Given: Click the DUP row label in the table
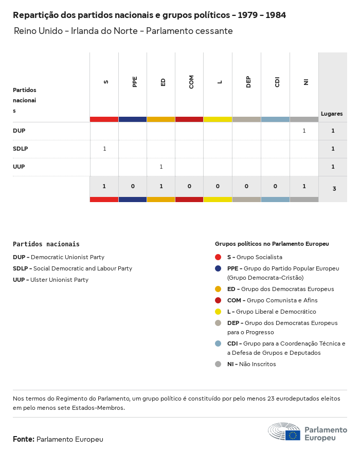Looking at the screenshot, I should tap(19, 131).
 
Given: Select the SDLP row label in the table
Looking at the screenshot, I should tap(21, 149).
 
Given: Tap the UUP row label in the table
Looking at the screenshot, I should tap(19, 167).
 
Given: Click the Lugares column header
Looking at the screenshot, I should tap(332, 114).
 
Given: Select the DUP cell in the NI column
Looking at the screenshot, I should tap(304, 131).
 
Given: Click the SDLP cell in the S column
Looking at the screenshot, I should tap(104, 149).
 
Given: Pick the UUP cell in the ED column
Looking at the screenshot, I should tap(161, 167).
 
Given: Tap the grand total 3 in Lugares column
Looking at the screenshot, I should tap(334, 189).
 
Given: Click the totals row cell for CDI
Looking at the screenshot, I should tap(275, 186).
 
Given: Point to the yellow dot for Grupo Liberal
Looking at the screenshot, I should tap(218, 312).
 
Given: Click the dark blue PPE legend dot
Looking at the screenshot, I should tap(218, 268).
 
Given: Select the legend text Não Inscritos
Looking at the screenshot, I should tap(257, 364).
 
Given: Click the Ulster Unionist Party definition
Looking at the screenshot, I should tap(59, 280).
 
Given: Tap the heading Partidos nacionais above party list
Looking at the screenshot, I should tap(46, 244).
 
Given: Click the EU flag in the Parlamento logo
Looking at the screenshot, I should tap(293, 435).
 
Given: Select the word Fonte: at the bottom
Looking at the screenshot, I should tap(24, 439).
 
